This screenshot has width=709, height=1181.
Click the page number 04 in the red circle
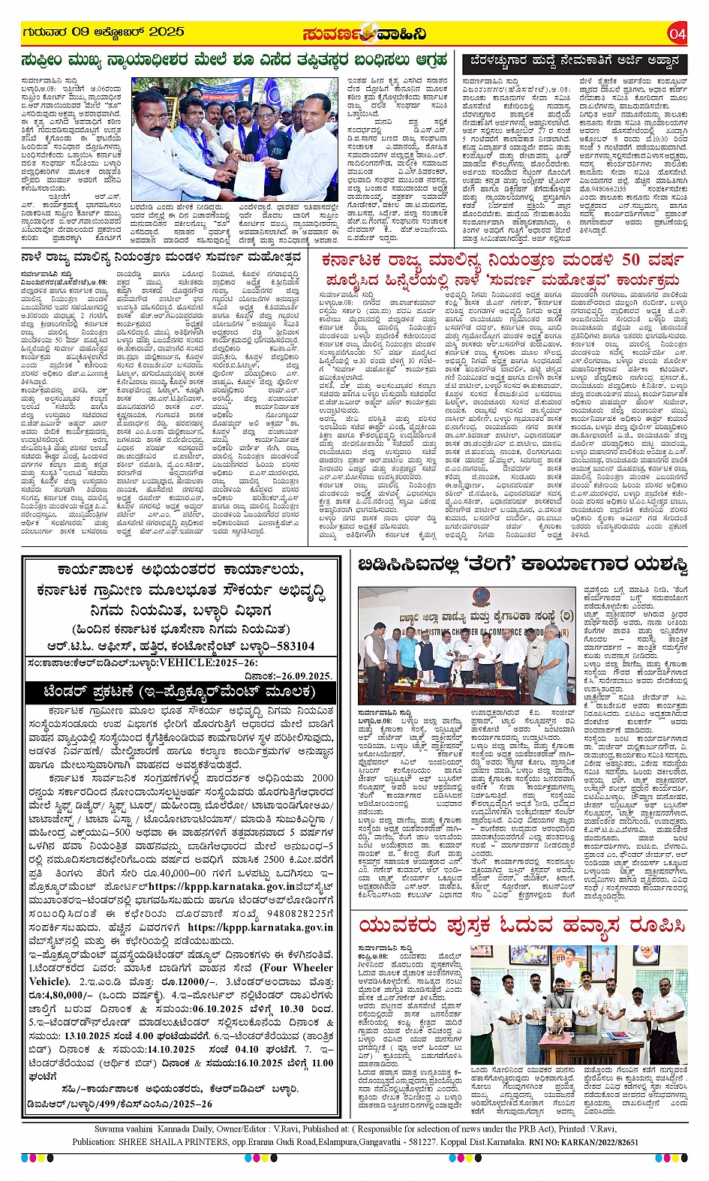point(677,33)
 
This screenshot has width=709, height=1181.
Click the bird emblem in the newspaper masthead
point(368,34)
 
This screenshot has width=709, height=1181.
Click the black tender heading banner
point(179,690)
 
